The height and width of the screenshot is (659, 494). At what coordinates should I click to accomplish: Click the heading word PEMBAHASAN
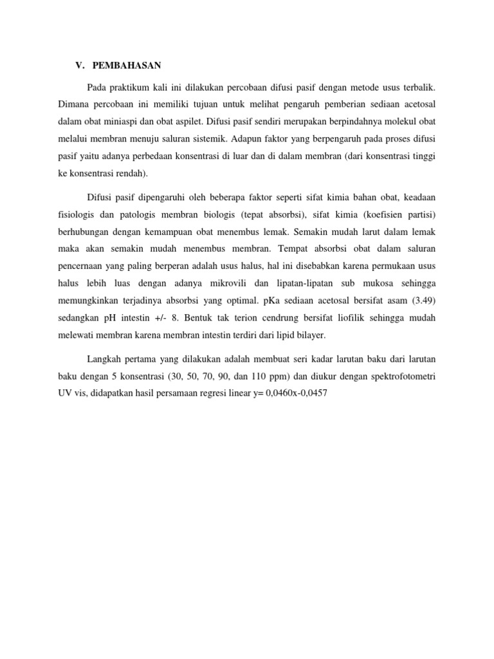click(x=127, y=66)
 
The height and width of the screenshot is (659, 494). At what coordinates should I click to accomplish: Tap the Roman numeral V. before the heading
click(x=80, y=66)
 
